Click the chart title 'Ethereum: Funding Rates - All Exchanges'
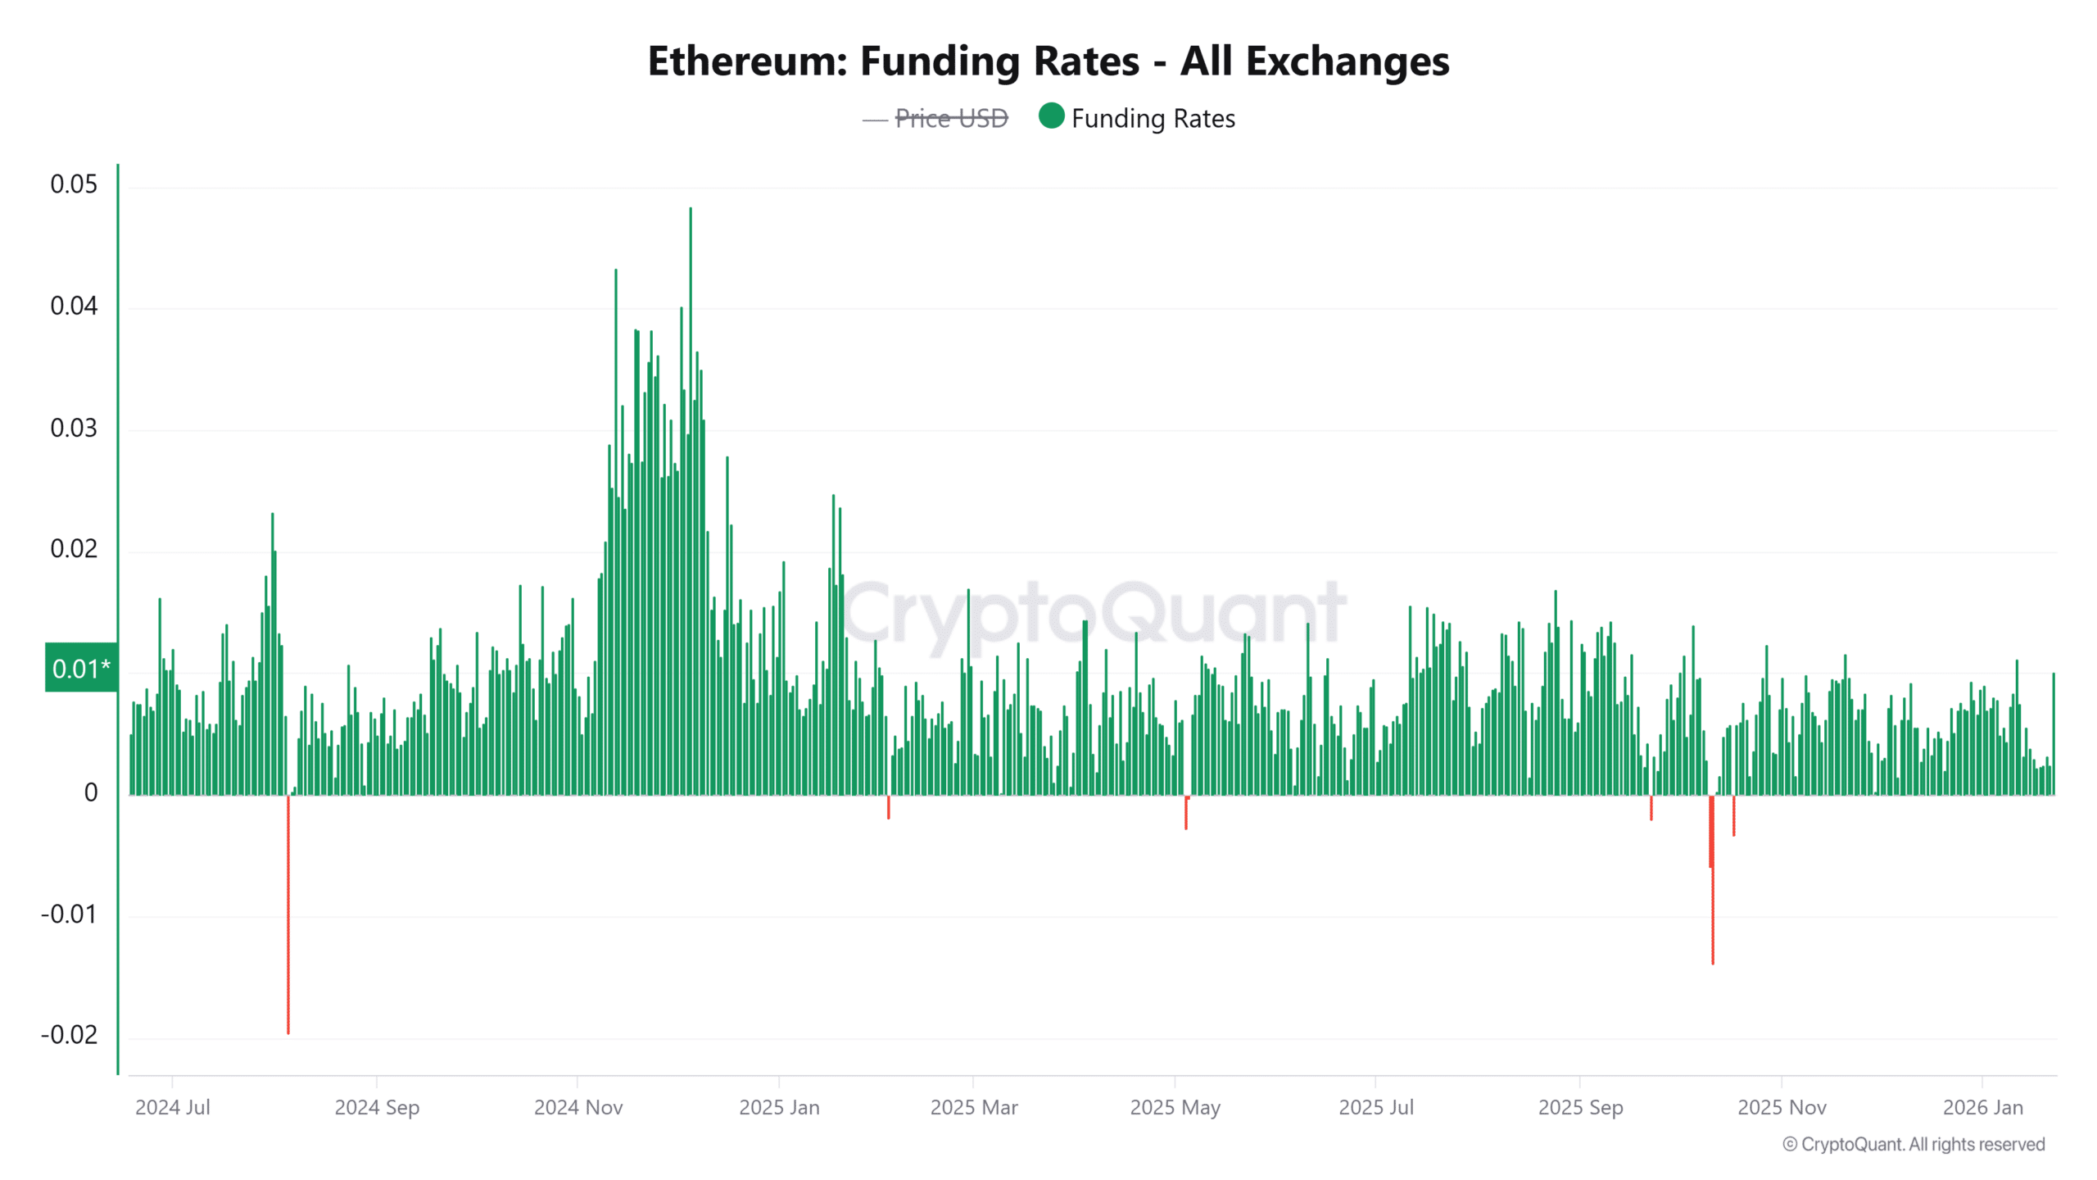[x=1048, y=61]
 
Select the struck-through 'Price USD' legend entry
[x=950, y=119]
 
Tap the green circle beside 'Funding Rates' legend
[x=1051, y=116]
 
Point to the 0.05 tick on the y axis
[x=74, y=184]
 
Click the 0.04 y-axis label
[x=74, y=306]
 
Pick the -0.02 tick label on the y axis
[x=70, y=1035]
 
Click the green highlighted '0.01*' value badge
[x=81, y=668]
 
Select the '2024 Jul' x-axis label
[x=172, y=1107]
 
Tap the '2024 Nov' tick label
[x=578, y=1107]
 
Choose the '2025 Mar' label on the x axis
[x=974, y=1107]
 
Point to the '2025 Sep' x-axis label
[x=1580, y=1107]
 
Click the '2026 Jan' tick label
[x=1982, y=1107]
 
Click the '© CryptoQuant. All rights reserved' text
[x=1914, y=1145]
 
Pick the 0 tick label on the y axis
[x=91, y=792]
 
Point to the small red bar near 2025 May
[x=1185, y=813]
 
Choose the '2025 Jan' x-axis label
[x=779, y=1107]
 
